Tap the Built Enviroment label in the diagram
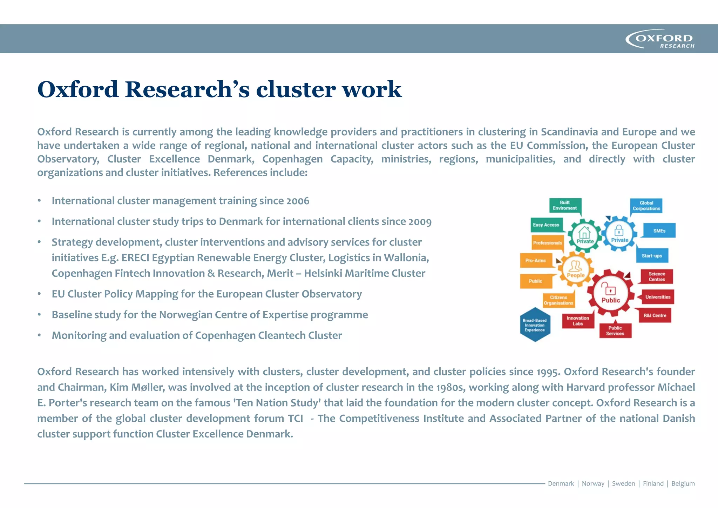[565, 206]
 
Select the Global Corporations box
[646, 206]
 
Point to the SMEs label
[659, 231]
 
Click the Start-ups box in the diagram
[652, 256]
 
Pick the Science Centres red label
[657, 276]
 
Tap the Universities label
[658, 297]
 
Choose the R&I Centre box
[655, 315]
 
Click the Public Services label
[615, 331]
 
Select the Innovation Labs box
[578, 321]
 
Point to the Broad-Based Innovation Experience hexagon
[535, 325]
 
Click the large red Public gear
[611, 293]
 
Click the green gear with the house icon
[585, 235]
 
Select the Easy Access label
[546, 225]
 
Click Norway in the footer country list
[593, 483]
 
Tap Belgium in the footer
[683, 483]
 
